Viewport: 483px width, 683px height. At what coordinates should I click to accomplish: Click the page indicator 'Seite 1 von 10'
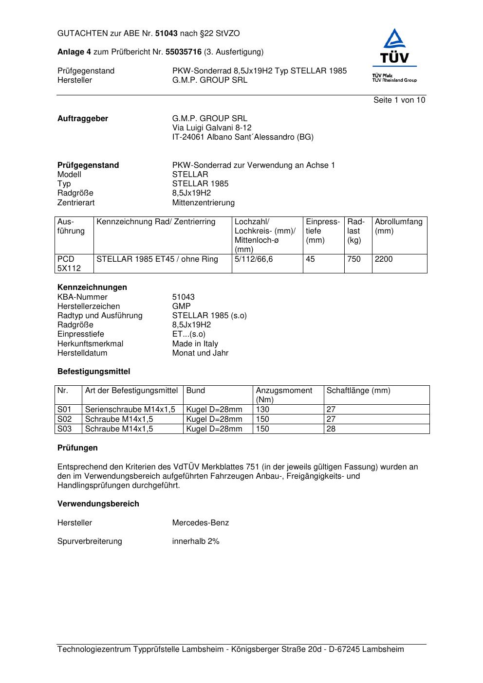399,100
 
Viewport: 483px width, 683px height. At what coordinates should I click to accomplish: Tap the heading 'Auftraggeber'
83,119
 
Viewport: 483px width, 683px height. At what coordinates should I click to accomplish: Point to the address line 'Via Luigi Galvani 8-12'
212,128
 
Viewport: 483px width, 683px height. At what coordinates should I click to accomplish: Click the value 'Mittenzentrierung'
203,203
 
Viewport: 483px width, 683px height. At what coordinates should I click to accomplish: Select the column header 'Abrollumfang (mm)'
398,227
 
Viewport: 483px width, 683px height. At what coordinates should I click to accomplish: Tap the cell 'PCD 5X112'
69,264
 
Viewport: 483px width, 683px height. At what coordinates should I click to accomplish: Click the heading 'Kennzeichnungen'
92,288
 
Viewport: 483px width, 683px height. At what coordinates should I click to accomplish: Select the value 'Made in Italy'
195,344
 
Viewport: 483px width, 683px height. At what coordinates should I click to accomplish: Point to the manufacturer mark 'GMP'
181,306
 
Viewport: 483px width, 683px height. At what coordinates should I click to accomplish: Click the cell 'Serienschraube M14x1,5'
130,410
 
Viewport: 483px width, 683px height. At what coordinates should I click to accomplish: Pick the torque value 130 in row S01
262,410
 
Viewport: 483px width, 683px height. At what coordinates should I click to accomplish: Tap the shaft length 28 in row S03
331,429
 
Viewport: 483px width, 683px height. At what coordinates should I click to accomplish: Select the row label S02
64,419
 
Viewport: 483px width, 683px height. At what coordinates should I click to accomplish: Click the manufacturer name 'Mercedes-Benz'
200,523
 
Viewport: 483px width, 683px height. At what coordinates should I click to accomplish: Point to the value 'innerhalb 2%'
196,541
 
